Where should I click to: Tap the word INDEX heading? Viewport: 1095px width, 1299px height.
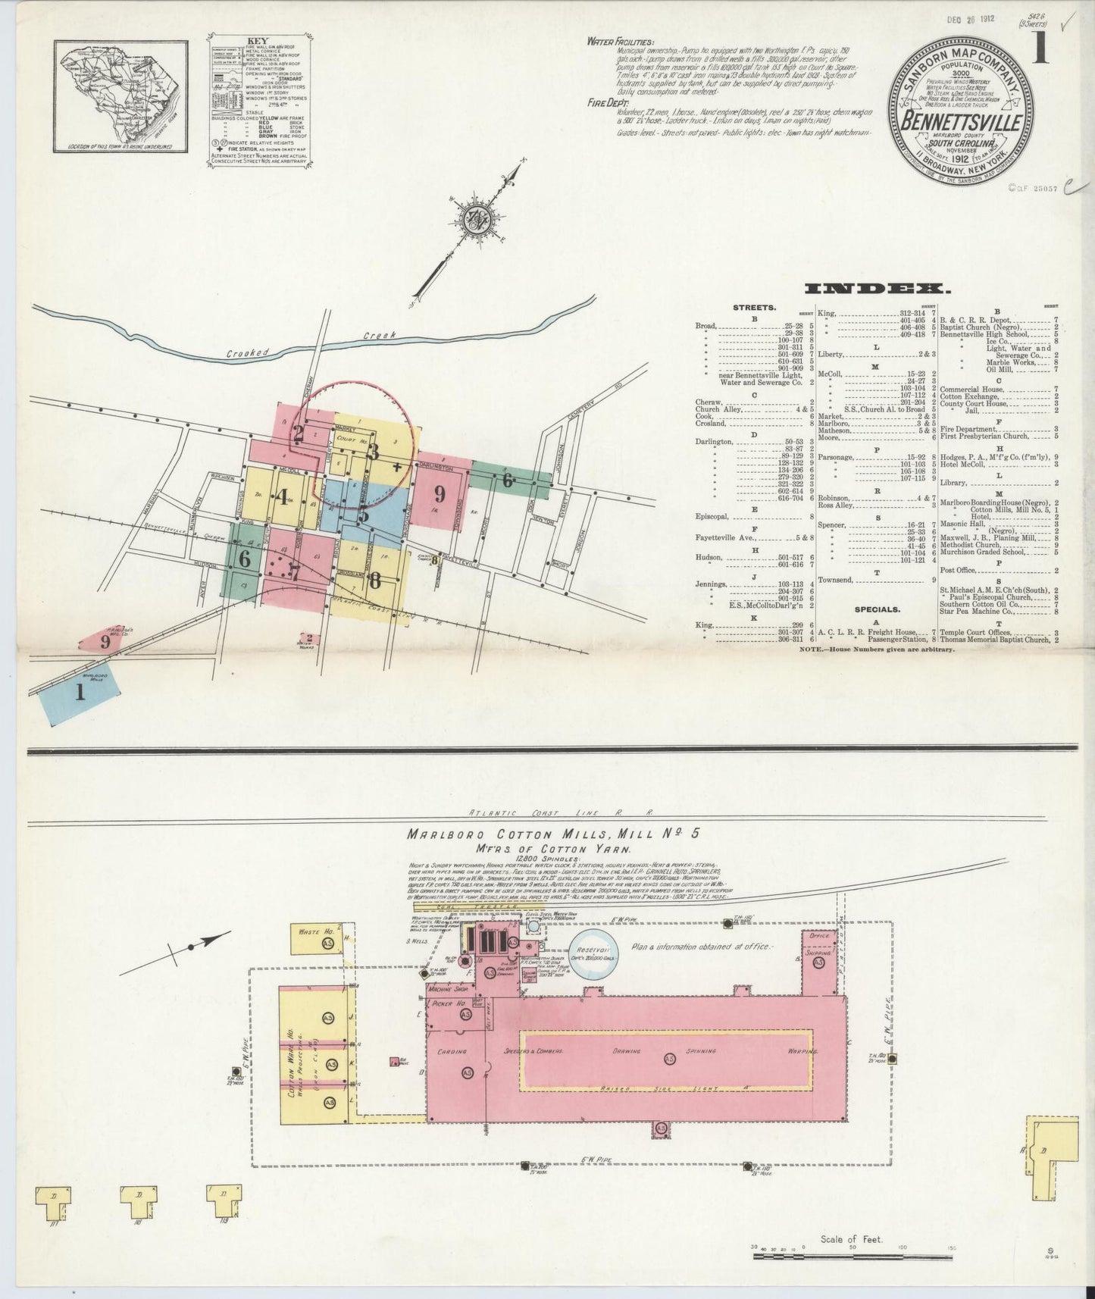878,289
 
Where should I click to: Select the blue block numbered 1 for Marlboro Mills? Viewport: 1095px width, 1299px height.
79,692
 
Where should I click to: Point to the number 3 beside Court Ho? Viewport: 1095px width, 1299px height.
373,452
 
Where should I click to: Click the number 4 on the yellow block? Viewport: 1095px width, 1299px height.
283,498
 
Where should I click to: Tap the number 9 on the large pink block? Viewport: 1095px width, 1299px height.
439,494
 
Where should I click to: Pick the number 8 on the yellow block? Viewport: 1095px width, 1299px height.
374,581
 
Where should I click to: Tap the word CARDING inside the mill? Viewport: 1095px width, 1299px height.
450,1051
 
